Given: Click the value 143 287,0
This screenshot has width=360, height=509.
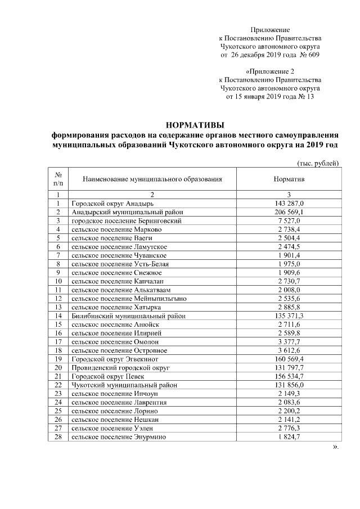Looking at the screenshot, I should click(x=289, y=203).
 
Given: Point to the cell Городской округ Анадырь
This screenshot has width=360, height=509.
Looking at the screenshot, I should click(x=109, y=203).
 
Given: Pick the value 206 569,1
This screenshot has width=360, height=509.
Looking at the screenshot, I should click(x=289, y=212).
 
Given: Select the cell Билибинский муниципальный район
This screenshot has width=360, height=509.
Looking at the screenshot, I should click(x=128, y=316).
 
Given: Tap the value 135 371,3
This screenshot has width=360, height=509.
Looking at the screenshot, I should click(x=289, y=316).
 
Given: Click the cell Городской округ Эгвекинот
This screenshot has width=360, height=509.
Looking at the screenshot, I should click(x=112, y=359).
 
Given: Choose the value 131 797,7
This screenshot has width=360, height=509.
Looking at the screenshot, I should click(x=289, y=368).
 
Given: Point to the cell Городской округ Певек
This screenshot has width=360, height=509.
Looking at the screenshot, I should click(x=105, y=376).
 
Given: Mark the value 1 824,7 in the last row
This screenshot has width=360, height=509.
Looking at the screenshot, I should click(x=289, y=437).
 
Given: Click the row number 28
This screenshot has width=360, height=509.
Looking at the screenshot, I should click(x=57, y=437).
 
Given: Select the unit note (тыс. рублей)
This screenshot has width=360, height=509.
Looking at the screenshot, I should click(x=317, y=164).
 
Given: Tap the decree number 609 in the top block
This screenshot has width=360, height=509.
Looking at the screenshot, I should click(x=314, y=55).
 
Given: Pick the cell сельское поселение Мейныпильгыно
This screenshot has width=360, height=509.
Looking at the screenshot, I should click(x=129, y=299).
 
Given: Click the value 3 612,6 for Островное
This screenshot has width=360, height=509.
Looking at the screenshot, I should click(x=289, y=350).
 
